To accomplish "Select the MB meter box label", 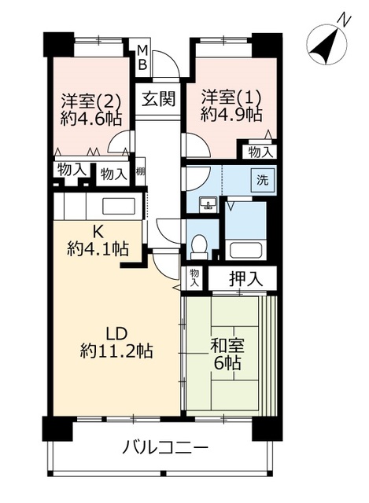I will (x=142, y=58).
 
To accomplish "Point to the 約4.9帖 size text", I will (x=231, y=114).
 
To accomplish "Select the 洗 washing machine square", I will (x=261, y=178).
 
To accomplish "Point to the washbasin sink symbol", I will (x=208, y=205).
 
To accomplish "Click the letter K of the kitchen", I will (x=98, y=232).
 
